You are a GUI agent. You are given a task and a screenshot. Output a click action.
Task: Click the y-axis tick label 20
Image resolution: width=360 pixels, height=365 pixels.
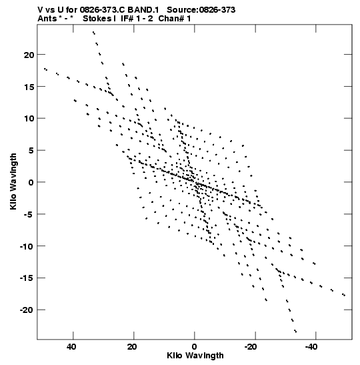(x=29, y=55)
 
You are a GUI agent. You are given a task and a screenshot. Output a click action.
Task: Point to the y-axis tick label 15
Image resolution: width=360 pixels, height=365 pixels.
(x=29, y=87)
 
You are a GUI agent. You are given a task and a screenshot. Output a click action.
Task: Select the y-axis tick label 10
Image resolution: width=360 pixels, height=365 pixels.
(x=29, y=119)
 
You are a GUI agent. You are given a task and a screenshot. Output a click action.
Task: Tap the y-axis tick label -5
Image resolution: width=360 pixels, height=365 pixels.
(x=29, y=215)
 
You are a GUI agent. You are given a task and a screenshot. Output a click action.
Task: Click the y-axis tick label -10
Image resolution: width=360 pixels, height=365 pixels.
(x=27, y=246)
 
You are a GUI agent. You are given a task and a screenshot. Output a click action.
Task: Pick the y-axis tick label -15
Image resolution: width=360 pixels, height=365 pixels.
(x=27, y=278)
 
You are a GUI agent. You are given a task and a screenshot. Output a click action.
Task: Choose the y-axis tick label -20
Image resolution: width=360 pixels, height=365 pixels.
(x=27, y=310)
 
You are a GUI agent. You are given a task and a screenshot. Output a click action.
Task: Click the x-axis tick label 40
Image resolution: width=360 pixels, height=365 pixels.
(x=71, y=347)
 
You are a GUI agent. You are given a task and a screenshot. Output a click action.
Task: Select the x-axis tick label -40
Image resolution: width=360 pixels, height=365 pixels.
(x=311, y=347)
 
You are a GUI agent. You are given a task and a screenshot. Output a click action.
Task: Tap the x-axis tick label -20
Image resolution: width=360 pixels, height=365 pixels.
(x=251, y=347)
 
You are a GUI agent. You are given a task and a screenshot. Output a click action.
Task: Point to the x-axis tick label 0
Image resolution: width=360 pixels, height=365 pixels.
(x=195, y=347)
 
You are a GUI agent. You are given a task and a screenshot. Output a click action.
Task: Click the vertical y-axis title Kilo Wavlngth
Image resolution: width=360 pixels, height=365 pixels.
(x=13, y=181)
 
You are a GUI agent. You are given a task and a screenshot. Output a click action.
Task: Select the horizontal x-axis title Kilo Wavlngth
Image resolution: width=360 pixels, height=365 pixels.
(x=195, y=356)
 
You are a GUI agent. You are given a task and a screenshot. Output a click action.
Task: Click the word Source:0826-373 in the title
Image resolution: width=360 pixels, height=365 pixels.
(x=201, y=10)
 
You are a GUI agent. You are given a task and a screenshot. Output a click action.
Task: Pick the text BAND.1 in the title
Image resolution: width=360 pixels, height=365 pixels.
(x=143, y=10)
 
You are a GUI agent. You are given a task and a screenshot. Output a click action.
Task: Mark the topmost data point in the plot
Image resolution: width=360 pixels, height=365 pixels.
(x=93, y=33)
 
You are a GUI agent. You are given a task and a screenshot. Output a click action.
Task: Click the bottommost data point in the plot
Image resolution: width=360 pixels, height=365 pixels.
(x=295, y=331)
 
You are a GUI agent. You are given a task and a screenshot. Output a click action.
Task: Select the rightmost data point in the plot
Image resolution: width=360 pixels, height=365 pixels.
(x=344, y=295)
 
